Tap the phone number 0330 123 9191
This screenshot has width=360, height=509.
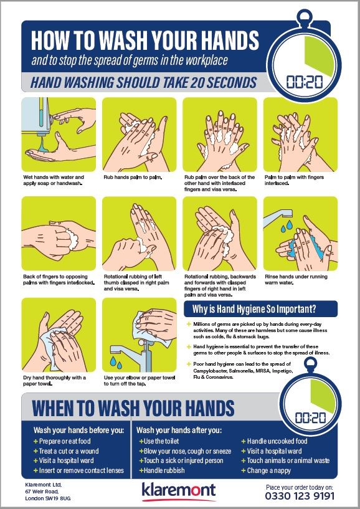click(x=300, y=496)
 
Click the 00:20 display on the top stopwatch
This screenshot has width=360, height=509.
click(x=304, y=82)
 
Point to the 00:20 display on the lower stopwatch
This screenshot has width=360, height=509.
click(x=311, y=417)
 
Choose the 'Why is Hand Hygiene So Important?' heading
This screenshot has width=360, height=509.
click(x=254, y=309)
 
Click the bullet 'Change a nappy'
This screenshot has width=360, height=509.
click(x=266, y=470)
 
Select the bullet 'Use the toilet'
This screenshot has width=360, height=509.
click(x=159, y=441)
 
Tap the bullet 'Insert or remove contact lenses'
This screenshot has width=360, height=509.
click(x=78, y=470)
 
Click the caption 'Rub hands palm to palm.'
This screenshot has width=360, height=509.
click(x=133, y=177)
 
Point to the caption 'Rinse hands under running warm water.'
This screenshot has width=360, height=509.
click(x=296, y=280)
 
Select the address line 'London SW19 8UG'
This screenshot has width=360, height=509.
click(x=48, y=498)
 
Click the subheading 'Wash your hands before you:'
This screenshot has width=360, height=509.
click(x=78, y=431)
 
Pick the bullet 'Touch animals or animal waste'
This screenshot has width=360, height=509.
click(x=285, y=460)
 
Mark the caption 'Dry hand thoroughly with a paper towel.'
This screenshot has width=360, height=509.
click(x=55, y=381)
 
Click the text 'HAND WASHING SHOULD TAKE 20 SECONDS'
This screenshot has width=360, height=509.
click(x=143, y=83)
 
